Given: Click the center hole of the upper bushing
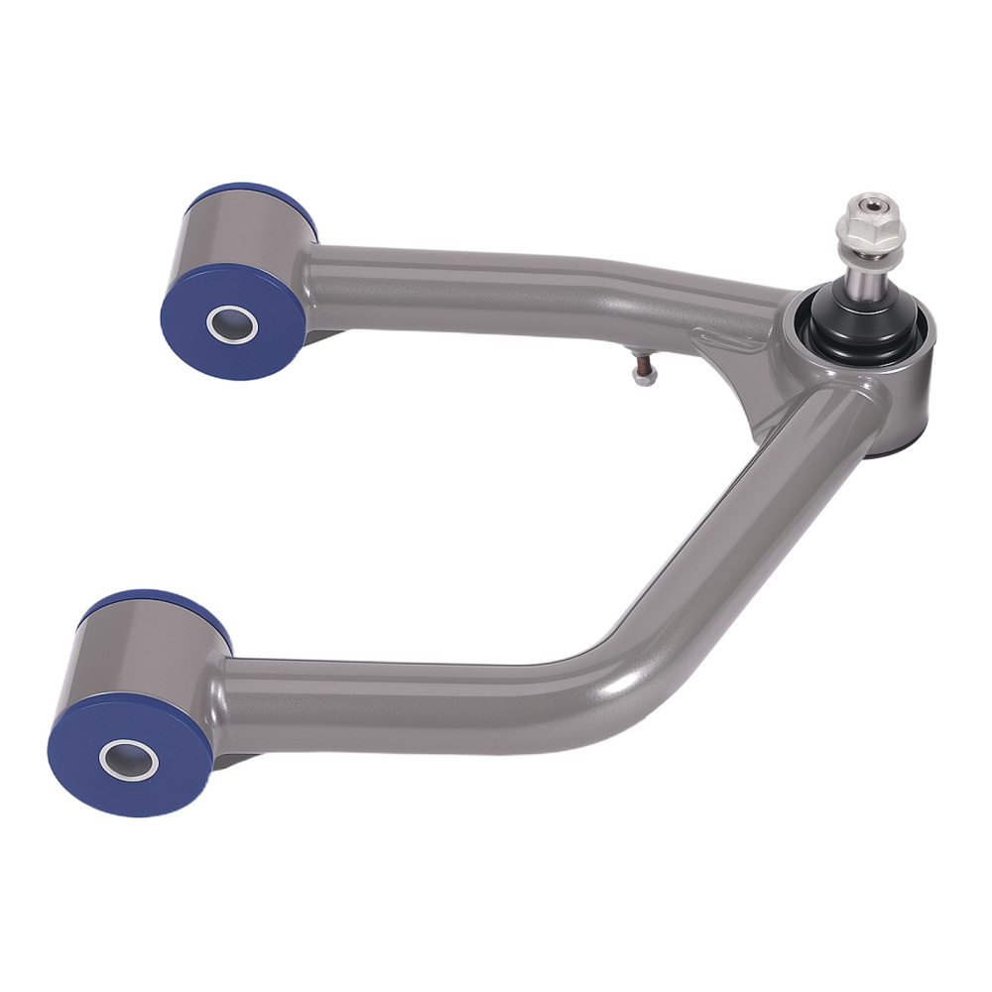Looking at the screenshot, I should [x=231, y=323].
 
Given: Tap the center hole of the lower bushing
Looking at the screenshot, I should [x=129, y=759].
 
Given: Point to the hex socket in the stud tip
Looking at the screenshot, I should [x=870, y=205].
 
